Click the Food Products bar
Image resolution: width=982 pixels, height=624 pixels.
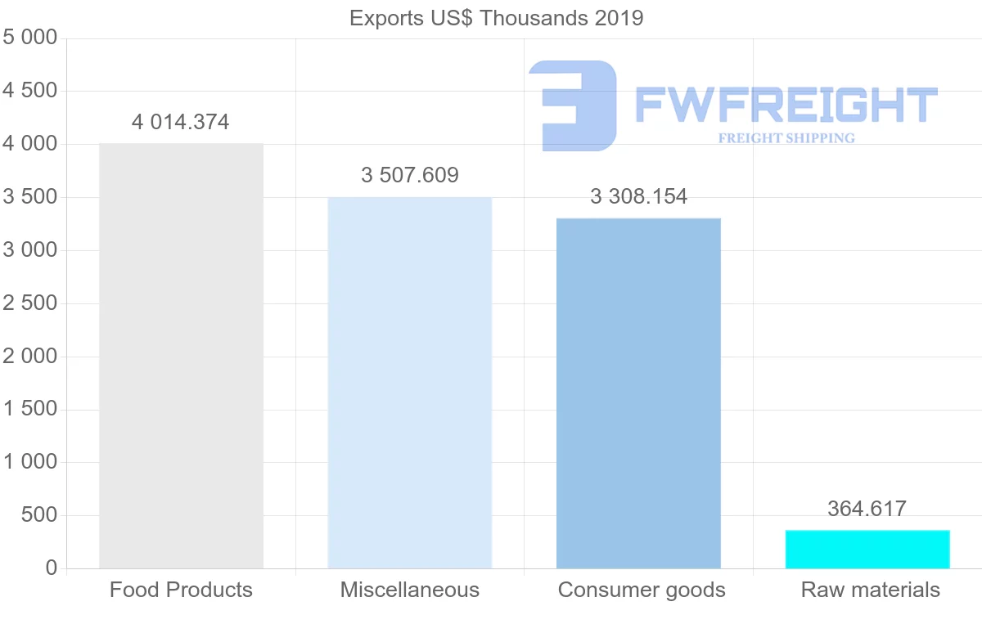pyautogui.click(x=181, y=356)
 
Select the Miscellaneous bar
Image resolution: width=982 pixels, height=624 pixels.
pyautogui.click(x=409, y=383)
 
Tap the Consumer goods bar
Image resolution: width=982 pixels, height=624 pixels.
pyautogui.click(x=638, y=393)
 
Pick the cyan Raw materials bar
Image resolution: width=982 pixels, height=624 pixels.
pyautogui.click(x=867, y=550)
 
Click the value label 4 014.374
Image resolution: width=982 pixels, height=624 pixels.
pyautogui.click(x=181, y=123)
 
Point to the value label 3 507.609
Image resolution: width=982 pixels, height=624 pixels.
pyautogui.click(x=410, y=175)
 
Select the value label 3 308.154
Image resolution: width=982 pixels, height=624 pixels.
pyautogui.click(x=638, y=196)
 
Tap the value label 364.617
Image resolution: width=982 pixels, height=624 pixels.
pyautogui.click(x=867, y=509)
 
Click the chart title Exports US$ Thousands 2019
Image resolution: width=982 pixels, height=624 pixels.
pyautogui.click(x=497, y=18)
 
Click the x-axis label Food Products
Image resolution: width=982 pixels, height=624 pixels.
pyautogui.click(x=181, y=590)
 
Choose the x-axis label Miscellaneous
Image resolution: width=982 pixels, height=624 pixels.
pyautogui.click(x=410, y=590)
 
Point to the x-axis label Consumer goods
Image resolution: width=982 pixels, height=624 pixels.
pyautogui.click(x=642, y=590)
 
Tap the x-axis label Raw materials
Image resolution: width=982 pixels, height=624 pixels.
pyautogui.click(x=871, y=590)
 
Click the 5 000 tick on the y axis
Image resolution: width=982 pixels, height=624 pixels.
pyautogui.click(x=30, y=38)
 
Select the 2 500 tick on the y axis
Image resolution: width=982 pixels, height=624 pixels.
pyautogui.click(x=30, y=303)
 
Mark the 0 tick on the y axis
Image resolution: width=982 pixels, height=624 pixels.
pyautogui.click(x=52, y=568)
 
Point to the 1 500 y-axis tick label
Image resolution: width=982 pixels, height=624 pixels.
pyautogui.click(x=30, y=409)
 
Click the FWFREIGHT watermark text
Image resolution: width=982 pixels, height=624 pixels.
pyautogui.click(x=786, y=105)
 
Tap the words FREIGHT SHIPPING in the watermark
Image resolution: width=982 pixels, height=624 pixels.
pyautogui.click(x=786, y=138)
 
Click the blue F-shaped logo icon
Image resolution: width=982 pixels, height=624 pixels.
pyautogui.click(x=573, y=105)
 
